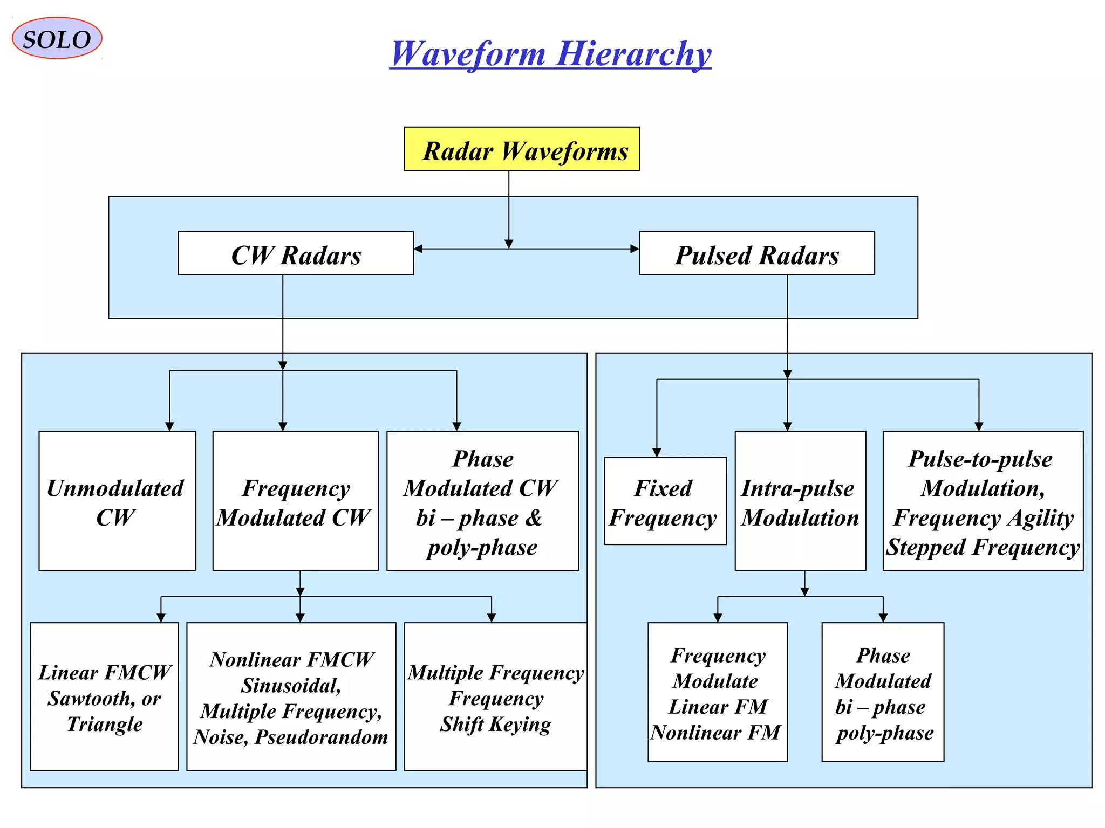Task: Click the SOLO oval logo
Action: point(57,38)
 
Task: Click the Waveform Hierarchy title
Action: point(550,54)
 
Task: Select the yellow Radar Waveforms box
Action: point(522,149)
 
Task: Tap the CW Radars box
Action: point(296,254)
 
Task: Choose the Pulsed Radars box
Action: point(756,254)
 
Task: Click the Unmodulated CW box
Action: point(117,501)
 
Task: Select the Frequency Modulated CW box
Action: point(295,501)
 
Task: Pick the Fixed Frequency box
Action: point(665,501)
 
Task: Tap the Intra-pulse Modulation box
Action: point(800,501)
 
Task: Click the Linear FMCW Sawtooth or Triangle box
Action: point(104,696)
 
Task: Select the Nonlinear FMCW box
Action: point(291,696)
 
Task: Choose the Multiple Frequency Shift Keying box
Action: point(495,696)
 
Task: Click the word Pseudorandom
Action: point(322,737)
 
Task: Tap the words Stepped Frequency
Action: point(983,548)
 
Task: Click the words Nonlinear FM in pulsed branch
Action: point(715,733)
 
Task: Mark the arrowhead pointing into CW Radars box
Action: point(418,249)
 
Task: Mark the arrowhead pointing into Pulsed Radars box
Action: point(635,249)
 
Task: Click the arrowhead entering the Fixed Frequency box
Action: point(657,453)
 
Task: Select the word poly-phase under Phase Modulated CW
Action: point(482,548)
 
